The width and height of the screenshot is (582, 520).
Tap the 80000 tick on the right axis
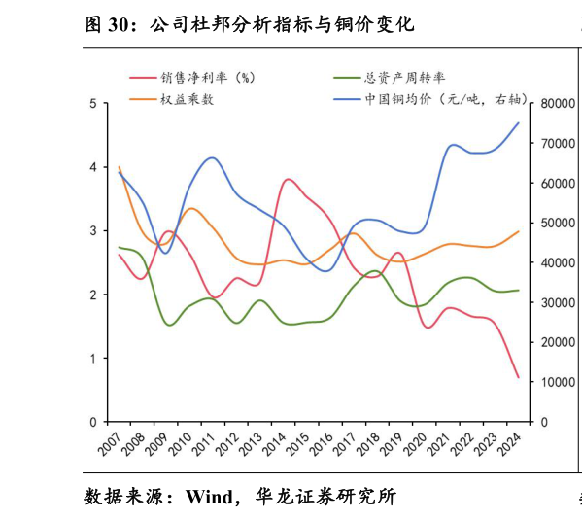coord(553,104)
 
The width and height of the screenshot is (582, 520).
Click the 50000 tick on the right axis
coord(553,224)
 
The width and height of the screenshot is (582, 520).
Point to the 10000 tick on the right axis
coord(553,383)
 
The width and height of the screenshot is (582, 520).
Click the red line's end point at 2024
coord(518,377)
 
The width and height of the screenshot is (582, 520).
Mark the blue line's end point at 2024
coord(518,123)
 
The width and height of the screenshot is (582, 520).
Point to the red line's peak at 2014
coord(289,180)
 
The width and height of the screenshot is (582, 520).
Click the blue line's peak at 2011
coord(212,157)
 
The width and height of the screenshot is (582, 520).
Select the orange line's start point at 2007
coord(119,167)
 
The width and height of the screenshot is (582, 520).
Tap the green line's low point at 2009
coord(170,325)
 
